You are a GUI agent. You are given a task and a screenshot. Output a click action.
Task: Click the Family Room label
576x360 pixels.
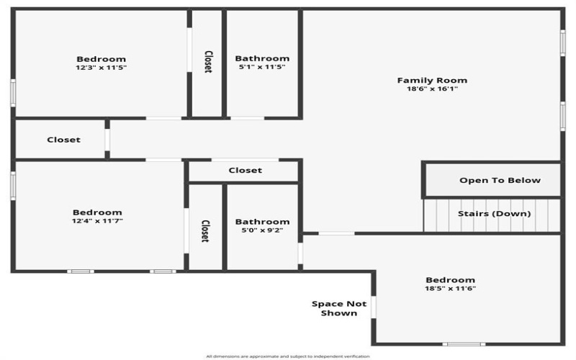pyautogui.click(x=432, y=80)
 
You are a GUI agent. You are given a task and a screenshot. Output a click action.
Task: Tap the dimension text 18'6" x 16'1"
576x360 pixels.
pyautogui.click(x=432, y=89)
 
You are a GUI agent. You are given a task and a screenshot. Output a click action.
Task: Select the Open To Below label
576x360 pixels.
pyautogui.click(x=500, y=180)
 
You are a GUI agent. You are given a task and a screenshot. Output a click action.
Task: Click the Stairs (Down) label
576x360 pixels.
pyautogui.click(x=495, y=213)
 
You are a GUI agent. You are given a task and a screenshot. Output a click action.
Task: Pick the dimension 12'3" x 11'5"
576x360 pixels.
pyautogui.click(x=102, y=68)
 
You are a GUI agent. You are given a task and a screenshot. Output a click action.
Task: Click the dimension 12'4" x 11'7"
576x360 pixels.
pyautogui.click(x=97, y=221)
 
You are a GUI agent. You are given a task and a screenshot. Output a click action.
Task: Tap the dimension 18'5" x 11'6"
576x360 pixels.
pyautogui.click(x=450, y=289)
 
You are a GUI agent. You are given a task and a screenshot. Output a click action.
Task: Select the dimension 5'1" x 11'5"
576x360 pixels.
pyautogui.click(x=262, y=68)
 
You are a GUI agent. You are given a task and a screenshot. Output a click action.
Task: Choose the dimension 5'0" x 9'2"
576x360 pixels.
pyautogui.click(x=262, y=230)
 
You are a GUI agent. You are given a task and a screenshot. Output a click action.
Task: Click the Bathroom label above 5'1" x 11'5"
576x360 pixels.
pyautogui.click(x=262, y=58)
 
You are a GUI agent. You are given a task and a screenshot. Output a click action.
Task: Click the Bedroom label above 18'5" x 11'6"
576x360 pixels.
pyautogui.click(x=450, y=280)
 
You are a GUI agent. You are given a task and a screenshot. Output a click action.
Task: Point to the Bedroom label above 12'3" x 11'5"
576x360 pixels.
pyautogui.click(x=102, y=59)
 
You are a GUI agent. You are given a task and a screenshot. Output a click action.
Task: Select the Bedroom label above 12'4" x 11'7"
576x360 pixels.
pyautogui.click(x=97, y=212)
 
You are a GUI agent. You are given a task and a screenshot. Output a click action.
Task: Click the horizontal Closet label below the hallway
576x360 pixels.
pyautogui.click(x=245, y=171)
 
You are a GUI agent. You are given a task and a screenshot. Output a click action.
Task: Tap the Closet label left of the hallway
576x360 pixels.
pyautogui.click(x=63, y=140)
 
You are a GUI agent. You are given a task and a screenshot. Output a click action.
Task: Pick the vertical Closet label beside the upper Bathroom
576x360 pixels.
pyautogui.click(x=207, y=61)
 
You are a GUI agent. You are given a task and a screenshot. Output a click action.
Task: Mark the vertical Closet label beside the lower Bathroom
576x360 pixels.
pyautogui.click(x=205, y=231)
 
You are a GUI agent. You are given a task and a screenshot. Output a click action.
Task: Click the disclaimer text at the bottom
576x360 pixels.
pyautogui.click(x=287, y=356)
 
